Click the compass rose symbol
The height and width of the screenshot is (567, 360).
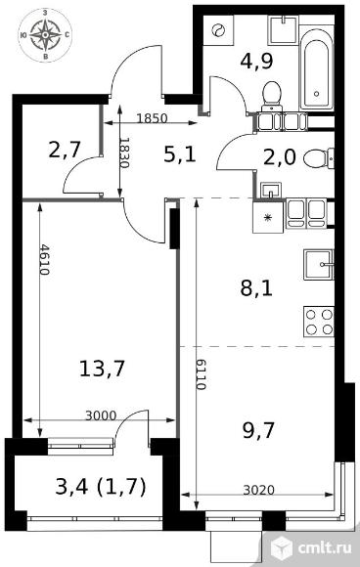click(45, 35)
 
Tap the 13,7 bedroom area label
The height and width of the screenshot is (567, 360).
click(102, 369)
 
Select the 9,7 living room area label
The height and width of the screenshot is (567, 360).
click(258, 430)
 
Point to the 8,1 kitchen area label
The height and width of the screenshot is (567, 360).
click(256, 289)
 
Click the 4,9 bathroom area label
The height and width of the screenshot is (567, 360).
click(256, 61)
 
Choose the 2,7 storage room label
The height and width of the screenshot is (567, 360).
click(64, 150)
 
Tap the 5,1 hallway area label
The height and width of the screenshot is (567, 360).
click(180, 154)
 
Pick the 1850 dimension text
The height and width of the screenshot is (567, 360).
click(152, 118)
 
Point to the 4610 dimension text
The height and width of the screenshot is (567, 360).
click(44, 259)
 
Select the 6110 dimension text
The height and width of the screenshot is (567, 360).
click(201, 374)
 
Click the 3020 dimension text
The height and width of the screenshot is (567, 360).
click(258, 490)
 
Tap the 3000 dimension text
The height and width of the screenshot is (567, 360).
click(101, 415)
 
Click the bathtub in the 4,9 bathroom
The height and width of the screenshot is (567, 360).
click(316, 68)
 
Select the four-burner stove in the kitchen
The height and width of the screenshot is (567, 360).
click(319, 322)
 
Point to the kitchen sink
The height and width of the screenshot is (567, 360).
click(318, 265)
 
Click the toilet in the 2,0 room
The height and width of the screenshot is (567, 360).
click(318, 158)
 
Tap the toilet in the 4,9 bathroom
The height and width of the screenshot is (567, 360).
click(272, 96)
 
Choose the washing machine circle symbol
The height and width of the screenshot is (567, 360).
click(218, 30)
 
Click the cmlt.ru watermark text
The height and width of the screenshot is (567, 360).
click(325, 548)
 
